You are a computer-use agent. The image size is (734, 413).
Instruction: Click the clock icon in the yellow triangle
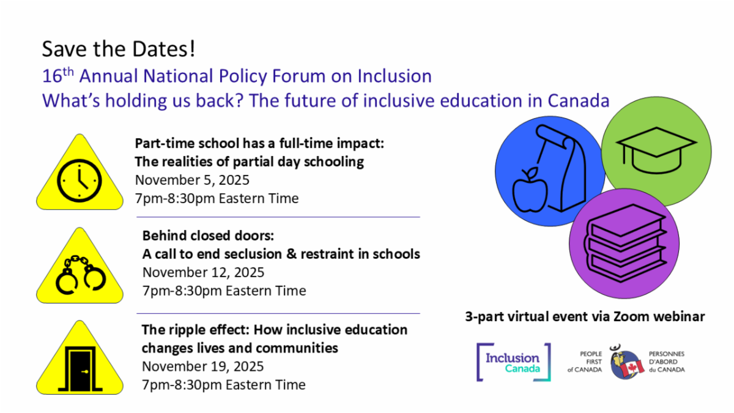tap(78, 180)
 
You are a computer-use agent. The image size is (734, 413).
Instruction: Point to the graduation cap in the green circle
tap(656, 147)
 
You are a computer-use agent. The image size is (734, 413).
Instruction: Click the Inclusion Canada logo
tap(513, 362)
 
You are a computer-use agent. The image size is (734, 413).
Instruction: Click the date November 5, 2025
tap(192, 180)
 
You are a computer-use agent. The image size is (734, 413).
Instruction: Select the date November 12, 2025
tap(203, 272)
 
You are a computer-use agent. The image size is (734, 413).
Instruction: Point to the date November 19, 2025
tap(202, 366)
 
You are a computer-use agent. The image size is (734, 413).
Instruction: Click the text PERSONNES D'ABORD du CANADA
tap(667, 362)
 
